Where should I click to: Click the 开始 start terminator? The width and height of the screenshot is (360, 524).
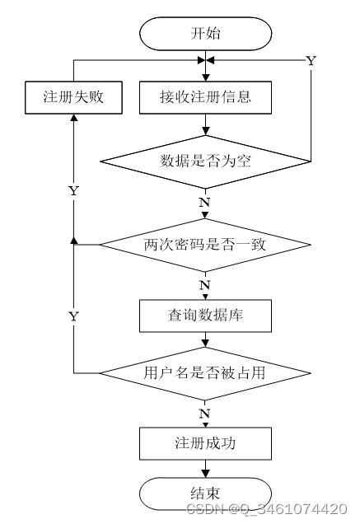click(x=205, y=34)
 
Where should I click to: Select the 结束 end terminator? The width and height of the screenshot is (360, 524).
click(x=205, y=494)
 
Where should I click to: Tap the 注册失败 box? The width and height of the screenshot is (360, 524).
click(x=73, y=97)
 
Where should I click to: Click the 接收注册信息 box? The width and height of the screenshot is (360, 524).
click(x=205, y=97)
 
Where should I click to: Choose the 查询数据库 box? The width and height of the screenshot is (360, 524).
click(x=205, y=316)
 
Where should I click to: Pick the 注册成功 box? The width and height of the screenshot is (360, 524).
click(x=205, y=443)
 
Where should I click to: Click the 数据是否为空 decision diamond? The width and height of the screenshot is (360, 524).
click(x=205, y=161)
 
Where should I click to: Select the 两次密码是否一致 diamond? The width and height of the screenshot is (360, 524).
click(x=205, y=245)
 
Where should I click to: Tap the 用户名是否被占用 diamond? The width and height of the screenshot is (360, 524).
click(x=205, y=373)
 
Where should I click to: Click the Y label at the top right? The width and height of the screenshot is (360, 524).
click(x=311, y=61)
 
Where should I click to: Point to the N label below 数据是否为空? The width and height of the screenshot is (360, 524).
click(x=204, y=203)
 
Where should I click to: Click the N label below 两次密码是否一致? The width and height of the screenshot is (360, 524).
click(x=204, y=285)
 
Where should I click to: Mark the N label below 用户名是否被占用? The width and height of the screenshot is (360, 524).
click(x=204, y=414)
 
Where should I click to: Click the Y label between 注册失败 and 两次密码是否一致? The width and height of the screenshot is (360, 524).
click(x=73, y=191)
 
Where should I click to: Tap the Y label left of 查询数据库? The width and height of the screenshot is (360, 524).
click(x=73, y=316)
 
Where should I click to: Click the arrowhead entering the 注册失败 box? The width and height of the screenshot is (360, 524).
click(x=74, y=117)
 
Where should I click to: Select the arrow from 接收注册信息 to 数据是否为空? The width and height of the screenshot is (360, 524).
click(x=206, y=124)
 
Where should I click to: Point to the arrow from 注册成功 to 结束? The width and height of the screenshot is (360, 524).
click(x=206, y=469)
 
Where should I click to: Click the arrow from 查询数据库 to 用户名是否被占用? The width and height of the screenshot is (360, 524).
click(x=206, y=339)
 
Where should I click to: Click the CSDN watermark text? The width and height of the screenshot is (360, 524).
click(x=266, y=509)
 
